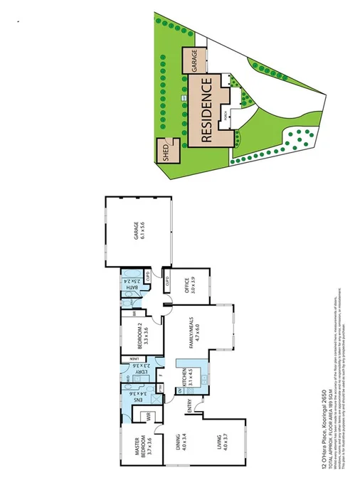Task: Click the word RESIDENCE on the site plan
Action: coord(207,111)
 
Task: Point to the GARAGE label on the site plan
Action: coord(193,60)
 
